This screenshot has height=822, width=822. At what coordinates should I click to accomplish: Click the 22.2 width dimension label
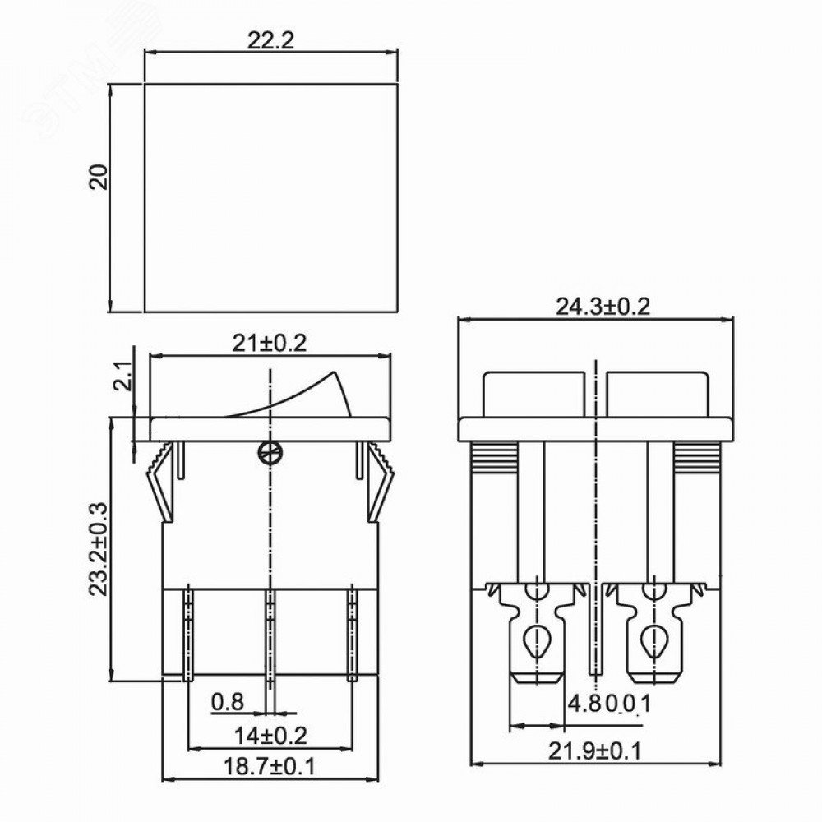(x=270, y=40)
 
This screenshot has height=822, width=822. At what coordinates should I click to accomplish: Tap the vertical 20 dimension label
(x=99, y=178)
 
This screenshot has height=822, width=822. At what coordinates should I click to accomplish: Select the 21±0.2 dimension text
(x=269, y=344)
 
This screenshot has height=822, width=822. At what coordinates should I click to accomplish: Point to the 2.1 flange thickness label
(x=122, y=377)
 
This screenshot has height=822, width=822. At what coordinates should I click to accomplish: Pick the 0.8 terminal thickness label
(x=228, y=701)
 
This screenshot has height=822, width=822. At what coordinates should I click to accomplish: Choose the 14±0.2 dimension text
(x=270, y=736)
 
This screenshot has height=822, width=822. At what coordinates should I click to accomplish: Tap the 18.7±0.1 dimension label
(x=270, y=766)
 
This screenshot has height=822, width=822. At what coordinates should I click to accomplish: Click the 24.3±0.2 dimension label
(x=603, y=307)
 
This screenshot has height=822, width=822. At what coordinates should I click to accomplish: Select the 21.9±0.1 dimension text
(x=595, y=751)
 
